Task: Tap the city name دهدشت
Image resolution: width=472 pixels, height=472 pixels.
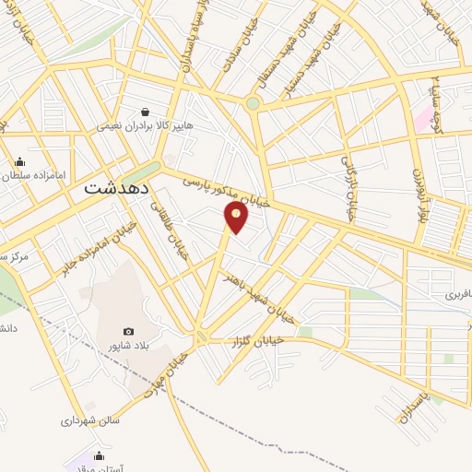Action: coord(117,186)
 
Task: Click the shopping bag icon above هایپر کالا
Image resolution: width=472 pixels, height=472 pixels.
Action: coord(147,111)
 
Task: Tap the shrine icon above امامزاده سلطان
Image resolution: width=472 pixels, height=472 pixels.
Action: coord(19,161)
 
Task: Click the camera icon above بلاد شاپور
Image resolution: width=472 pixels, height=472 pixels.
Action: coord(128,332)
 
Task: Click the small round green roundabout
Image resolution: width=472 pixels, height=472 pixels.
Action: coord(253,103)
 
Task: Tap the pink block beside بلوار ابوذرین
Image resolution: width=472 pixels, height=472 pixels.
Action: coord(421,119)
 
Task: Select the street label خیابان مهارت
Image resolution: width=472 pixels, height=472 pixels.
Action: coord(166,373)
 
